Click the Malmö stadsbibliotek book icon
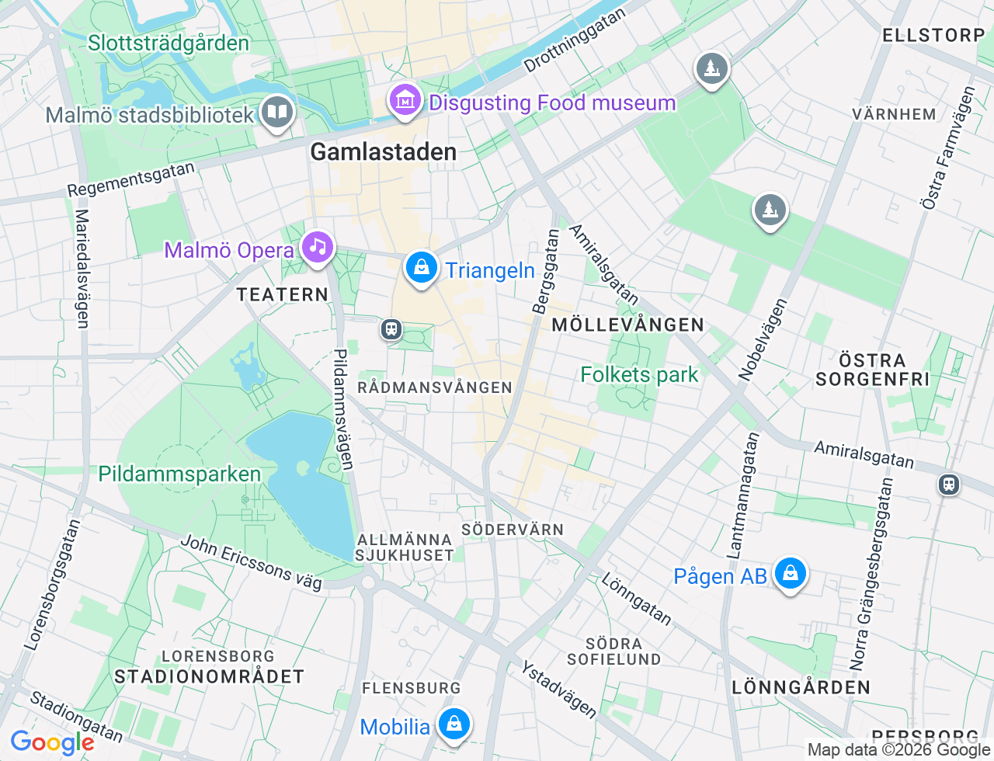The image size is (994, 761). pyautogui.click(x=276, y=112)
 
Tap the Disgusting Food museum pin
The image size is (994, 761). pyautogui.click(x=405, y=101)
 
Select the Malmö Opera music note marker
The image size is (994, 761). pyautogui.click(x=317, y=248)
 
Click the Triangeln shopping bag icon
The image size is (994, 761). pyautogui.click(x=421, y=268)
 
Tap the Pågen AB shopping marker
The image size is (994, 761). pyautogui.click(x=790, y=574)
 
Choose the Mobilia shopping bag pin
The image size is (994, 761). pyautogui.click(x=454, y=725)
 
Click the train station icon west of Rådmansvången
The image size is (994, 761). pyautogui.click(x=391, y=329)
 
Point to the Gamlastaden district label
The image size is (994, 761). pyautogui.click(x=384, y=152)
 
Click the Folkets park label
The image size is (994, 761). pyautogui.click(x=639, y=375)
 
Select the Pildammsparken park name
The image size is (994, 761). pyautogui.click(x=179, y=474)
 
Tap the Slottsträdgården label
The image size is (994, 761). pyautogui.click(x=169, y=43)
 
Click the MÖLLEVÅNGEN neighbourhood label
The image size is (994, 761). pyautogui.click(x=627, y=325)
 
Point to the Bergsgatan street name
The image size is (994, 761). pyautogui.click(x=545, y=272)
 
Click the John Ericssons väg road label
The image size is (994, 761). pyautogui.click(x=251, y=562)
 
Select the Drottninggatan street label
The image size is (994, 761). pyautogui.click(x=574, y=41)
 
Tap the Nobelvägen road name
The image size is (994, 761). pyautogui.click(x=762, y=339)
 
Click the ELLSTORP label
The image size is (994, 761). pyautogui.click(x=933, y=35)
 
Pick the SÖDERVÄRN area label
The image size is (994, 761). pyautogui.click(x=513, y=530)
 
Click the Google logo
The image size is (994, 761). pyautogui.click(x=52, y=742)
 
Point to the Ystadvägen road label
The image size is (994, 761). pyautogui.click(x=558, y=690)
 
